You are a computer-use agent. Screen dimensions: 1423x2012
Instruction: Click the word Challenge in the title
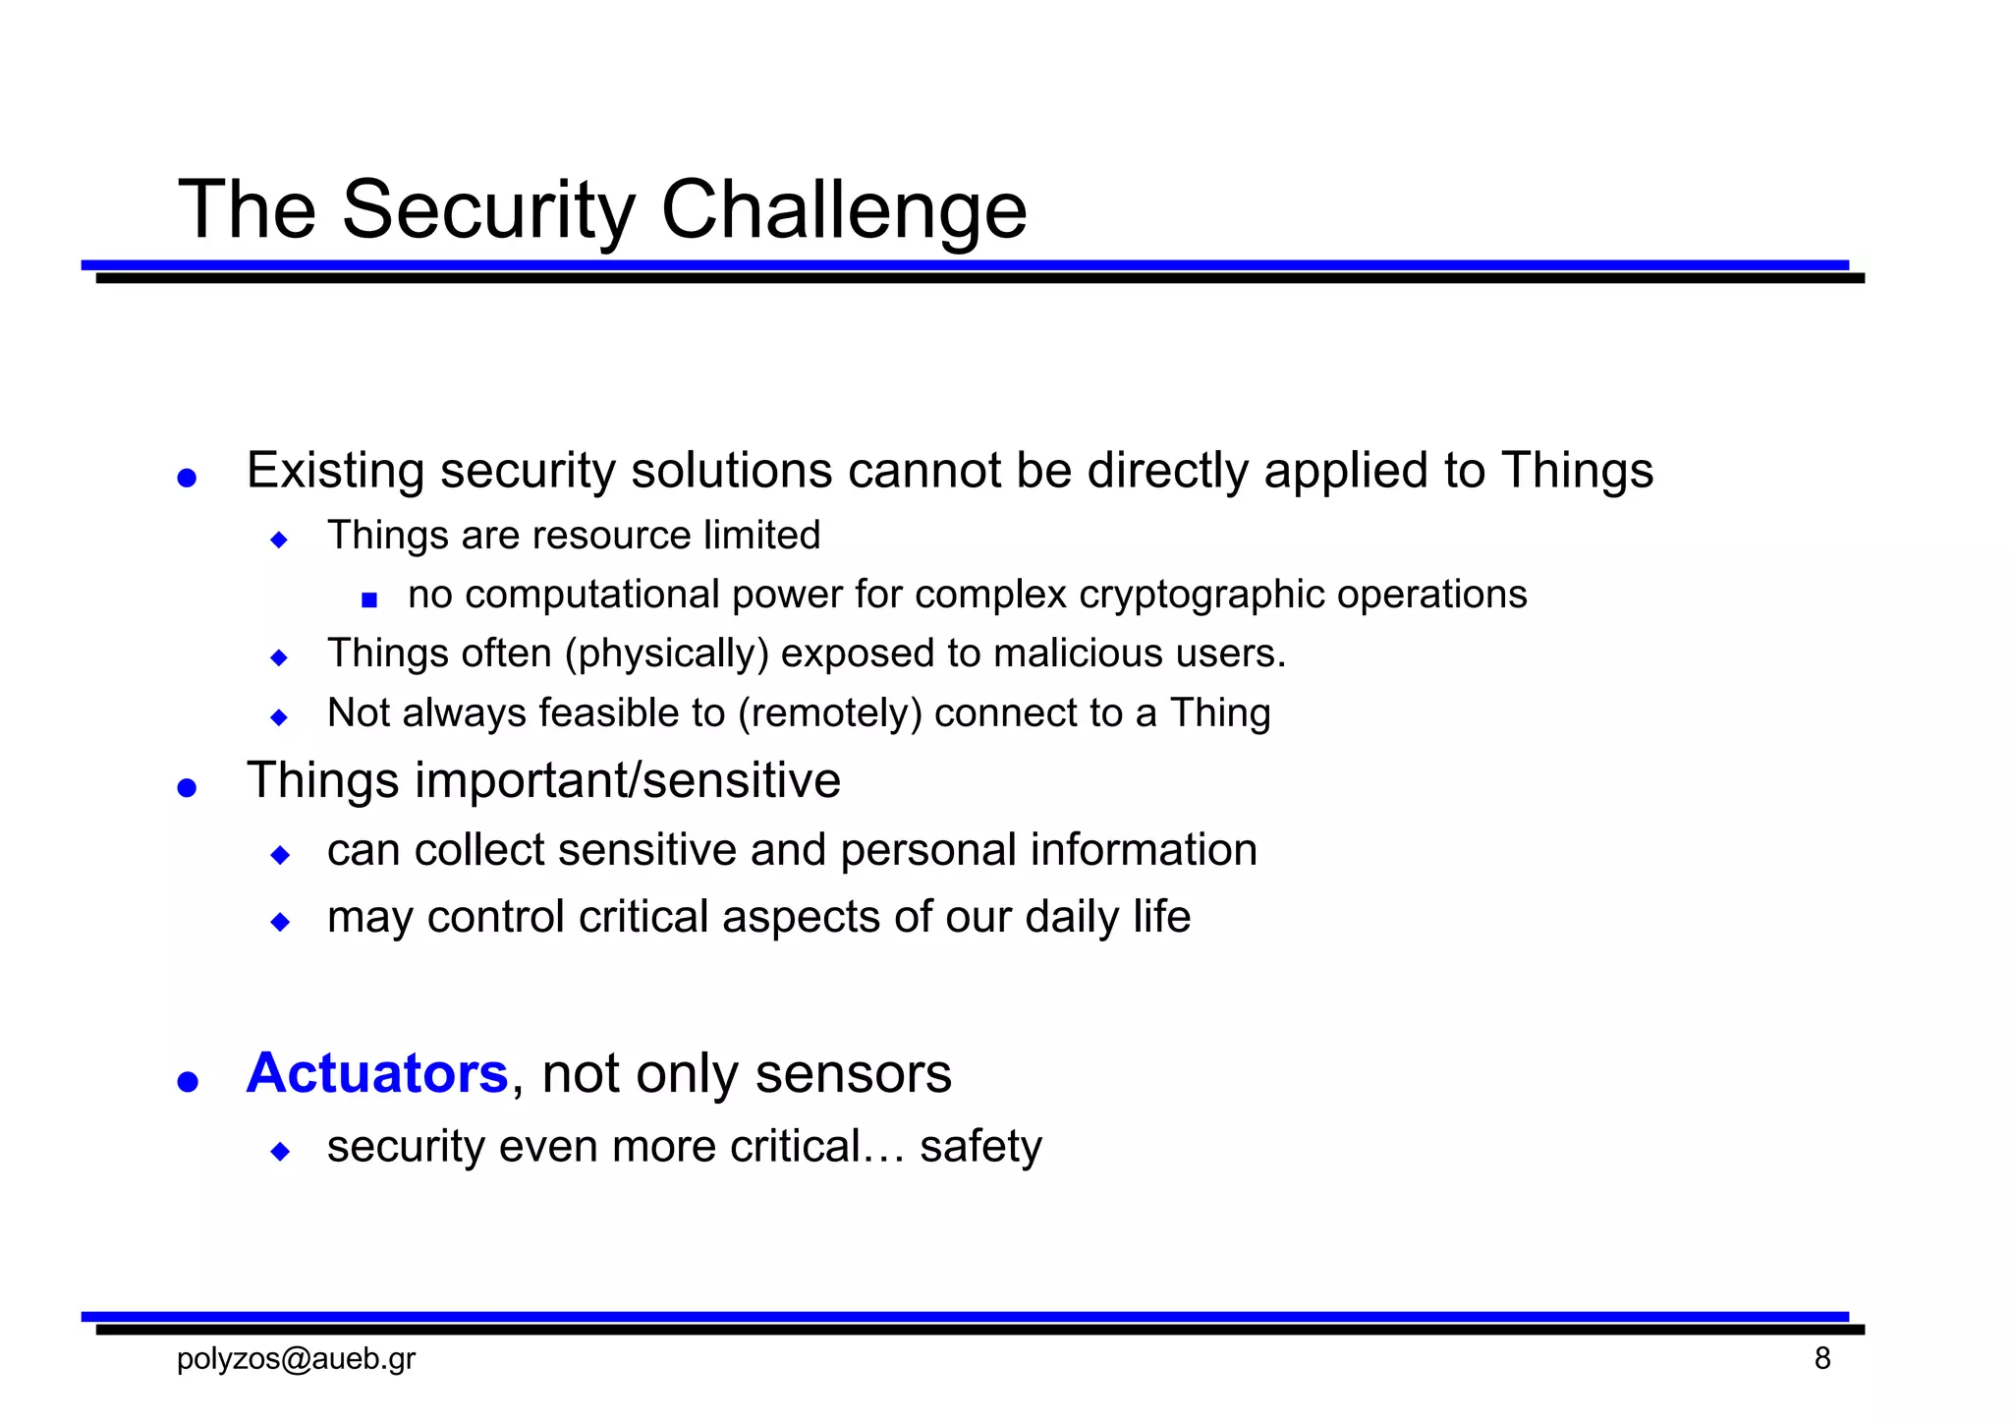point(843,210)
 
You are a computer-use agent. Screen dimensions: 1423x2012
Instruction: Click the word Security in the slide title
point(488,210)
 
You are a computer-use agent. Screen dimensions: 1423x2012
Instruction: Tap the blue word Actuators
point(377,1072)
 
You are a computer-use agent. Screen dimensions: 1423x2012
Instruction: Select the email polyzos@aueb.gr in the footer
point(296,1359)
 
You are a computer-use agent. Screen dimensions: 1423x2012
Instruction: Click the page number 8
point(1822,1359)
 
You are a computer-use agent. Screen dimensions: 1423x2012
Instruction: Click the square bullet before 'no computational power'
point(369,599)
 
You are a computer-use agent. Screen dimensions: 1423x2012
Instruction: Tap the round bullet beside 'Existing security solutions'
point(187,478)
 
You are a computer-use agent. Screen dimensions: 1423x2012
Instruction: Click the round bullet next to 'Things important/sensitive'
point(187,787)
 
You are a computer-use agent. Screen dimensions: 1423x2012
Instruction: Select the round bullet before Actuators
point(187,1081)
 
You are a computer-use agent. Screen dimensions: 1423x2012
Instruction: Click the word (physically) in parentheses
point(666,655)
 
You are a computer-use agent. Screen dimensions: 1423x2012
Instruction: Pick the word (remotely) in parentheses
point(829,713)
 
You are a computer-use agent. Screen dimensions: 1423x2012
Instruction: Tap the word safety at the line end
point(980,1147)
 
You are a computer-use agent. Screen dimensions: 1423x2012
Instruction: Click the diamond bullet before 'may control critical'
point(280,922)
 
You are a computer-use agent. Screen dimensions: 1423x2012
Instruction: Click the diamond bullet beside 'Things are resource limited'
point(279,540)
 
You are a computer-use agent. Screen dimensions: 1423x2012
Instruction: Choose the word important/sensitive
point(628,781)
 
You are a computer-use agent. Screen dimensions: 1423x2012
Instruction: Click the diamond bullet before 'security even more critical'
point(280,1151)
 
